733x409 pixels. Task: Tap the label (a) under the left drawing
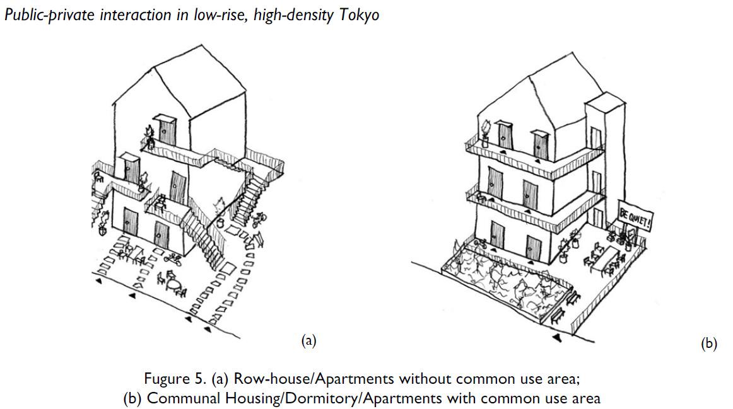[308, 341]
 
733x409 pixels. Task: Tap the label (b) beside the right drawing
[709, 343]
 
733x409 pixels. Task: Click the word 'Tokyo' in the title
[360, 15]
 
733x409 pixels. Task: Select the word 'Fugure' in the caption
[166, 379]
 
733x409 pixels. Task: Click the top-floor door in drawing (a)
[167, 130]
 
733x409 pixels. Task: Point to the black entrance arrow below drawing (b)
[558, 339]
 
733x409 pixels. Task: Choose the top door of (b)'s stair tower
[595, 137]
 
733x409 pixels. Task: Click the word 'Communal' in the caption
[177, 398]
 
